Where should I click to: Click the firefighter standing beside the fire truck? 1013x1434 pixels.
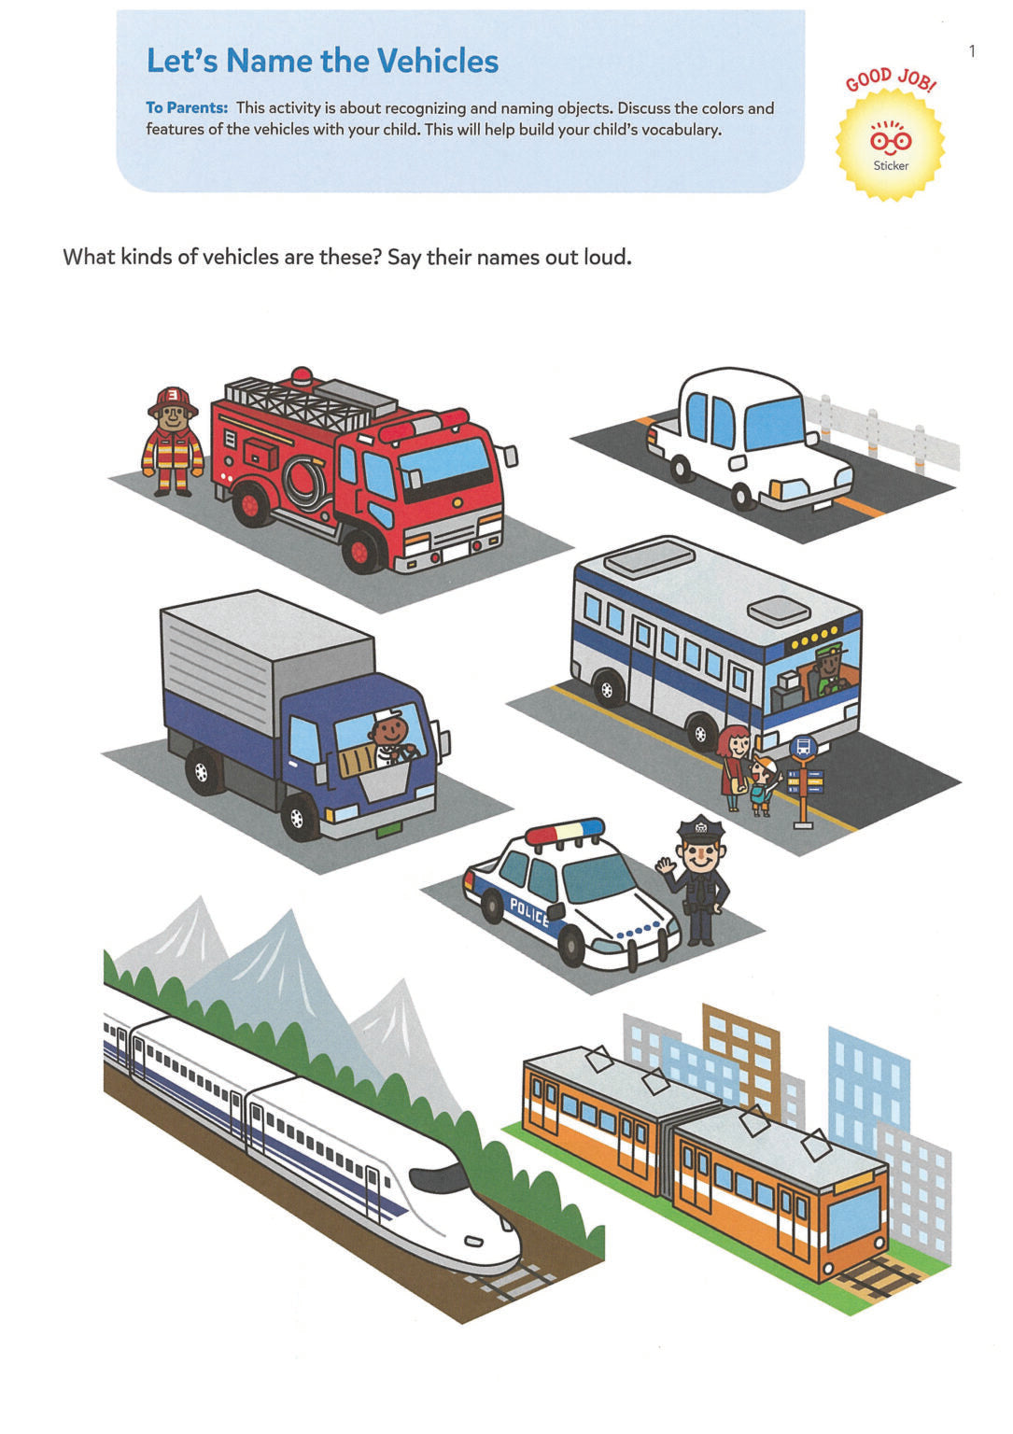pos(173,441)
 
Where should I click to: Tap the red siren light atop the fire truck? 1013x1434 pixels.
pos(302,376)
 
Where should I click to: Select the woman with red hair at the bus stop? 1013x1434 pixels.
pos(734,766)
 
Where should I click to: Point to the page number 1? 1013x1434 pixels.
pos(972,51)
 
